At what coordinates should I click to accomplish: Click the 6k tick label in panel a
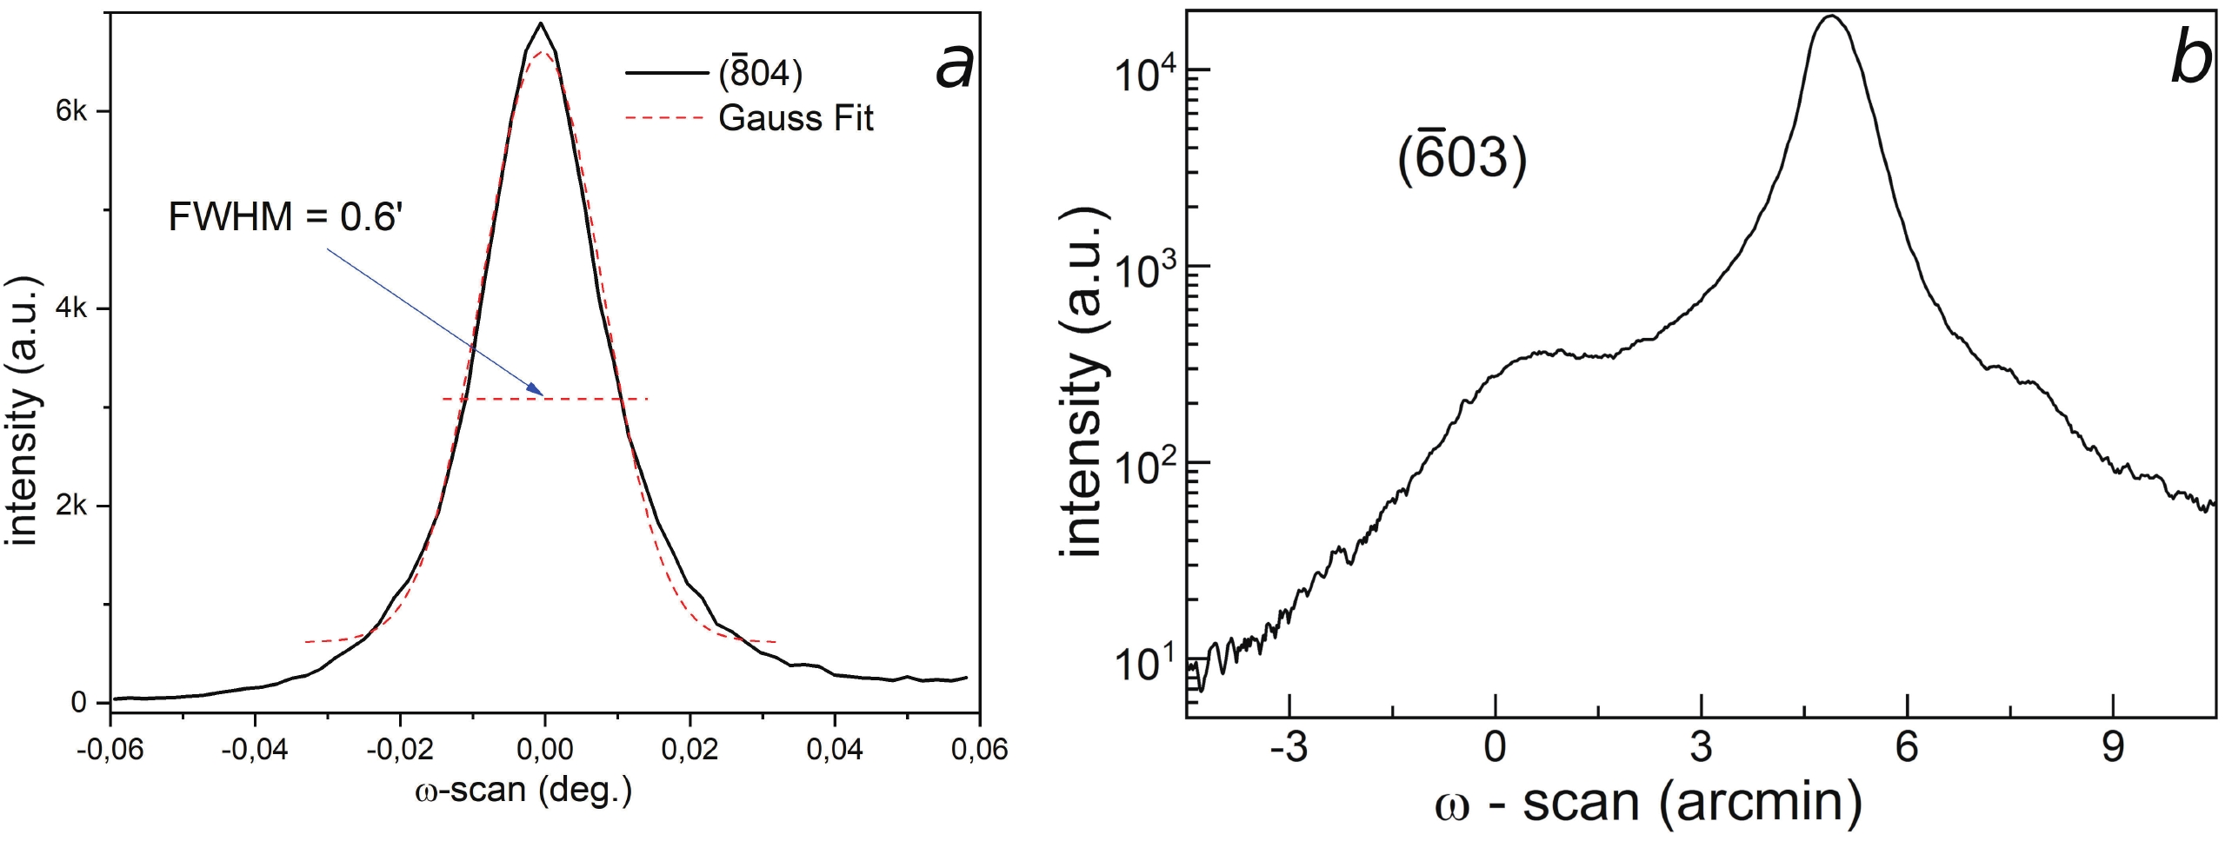pos(71,111)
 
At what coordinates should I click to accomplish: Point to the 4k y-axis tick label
pos(71,308)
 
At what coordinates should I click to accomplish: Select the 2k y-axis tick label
pos(71,506)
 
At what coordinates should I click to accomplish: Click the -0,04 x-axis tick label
pos(254,749)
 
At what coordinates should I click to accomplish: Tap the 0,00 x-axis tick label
pos(544,749)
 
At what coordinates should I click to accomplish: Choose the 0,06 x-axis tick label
pos(979,749)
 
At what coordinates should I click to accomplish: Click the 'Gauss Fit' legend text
pos(795,118)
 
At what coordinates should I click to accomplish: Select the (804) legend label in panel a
pos(760,74)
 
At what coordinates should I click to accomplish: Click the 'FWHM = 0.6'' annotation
pos(284,216)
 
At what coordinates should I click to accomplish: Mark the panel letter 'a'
pos(954,66)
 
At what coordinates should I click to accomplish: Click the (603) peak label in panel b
pos(1462,159)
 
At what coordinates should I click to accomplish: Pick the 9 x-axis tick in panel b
pos(2113,748)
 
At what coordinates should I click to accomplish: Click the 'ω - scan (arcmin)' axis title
pos(1649,803)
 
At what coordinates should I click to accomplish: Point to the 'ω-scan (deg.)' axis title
pos(523,790)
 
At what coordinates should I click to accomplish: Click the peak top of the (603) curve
pos(1831,17)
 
